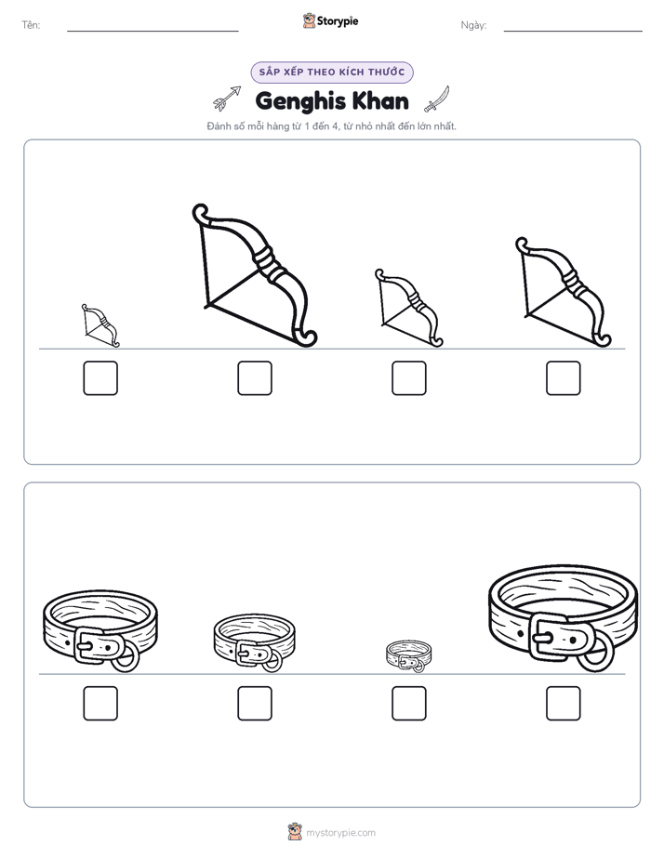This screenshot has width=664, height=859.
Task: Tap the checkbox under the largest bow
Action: [255, 378]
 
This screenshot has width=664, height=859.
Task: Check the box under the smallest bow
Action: [100, 378]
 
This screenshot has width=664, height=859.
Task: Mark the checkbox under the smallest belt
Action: [409, 704]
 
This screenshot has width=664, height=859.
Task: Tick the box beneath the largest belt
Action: [564, 704]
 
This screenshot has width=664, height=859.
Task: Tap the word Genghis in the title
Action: [299, 102]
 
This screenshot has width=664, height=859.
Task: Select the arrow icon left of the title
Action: [227, 99]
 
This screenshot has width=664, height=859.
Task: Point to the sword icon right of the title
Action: [437, 99]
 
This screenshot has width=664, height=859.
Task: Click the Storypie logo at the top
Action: [330, 20]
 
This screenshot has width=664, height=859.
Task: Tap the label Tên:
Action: [31, 25]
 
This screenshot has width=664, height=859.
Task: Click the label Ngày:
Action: [473, 25]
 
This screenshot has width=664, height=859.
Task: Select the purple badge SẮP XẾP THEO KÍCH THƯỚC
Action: [332, 73]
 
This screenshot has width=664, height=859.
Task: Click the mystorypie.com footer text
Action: [340, 833]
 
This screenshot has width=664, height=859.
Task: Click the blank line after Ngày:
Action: [573, 32]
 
